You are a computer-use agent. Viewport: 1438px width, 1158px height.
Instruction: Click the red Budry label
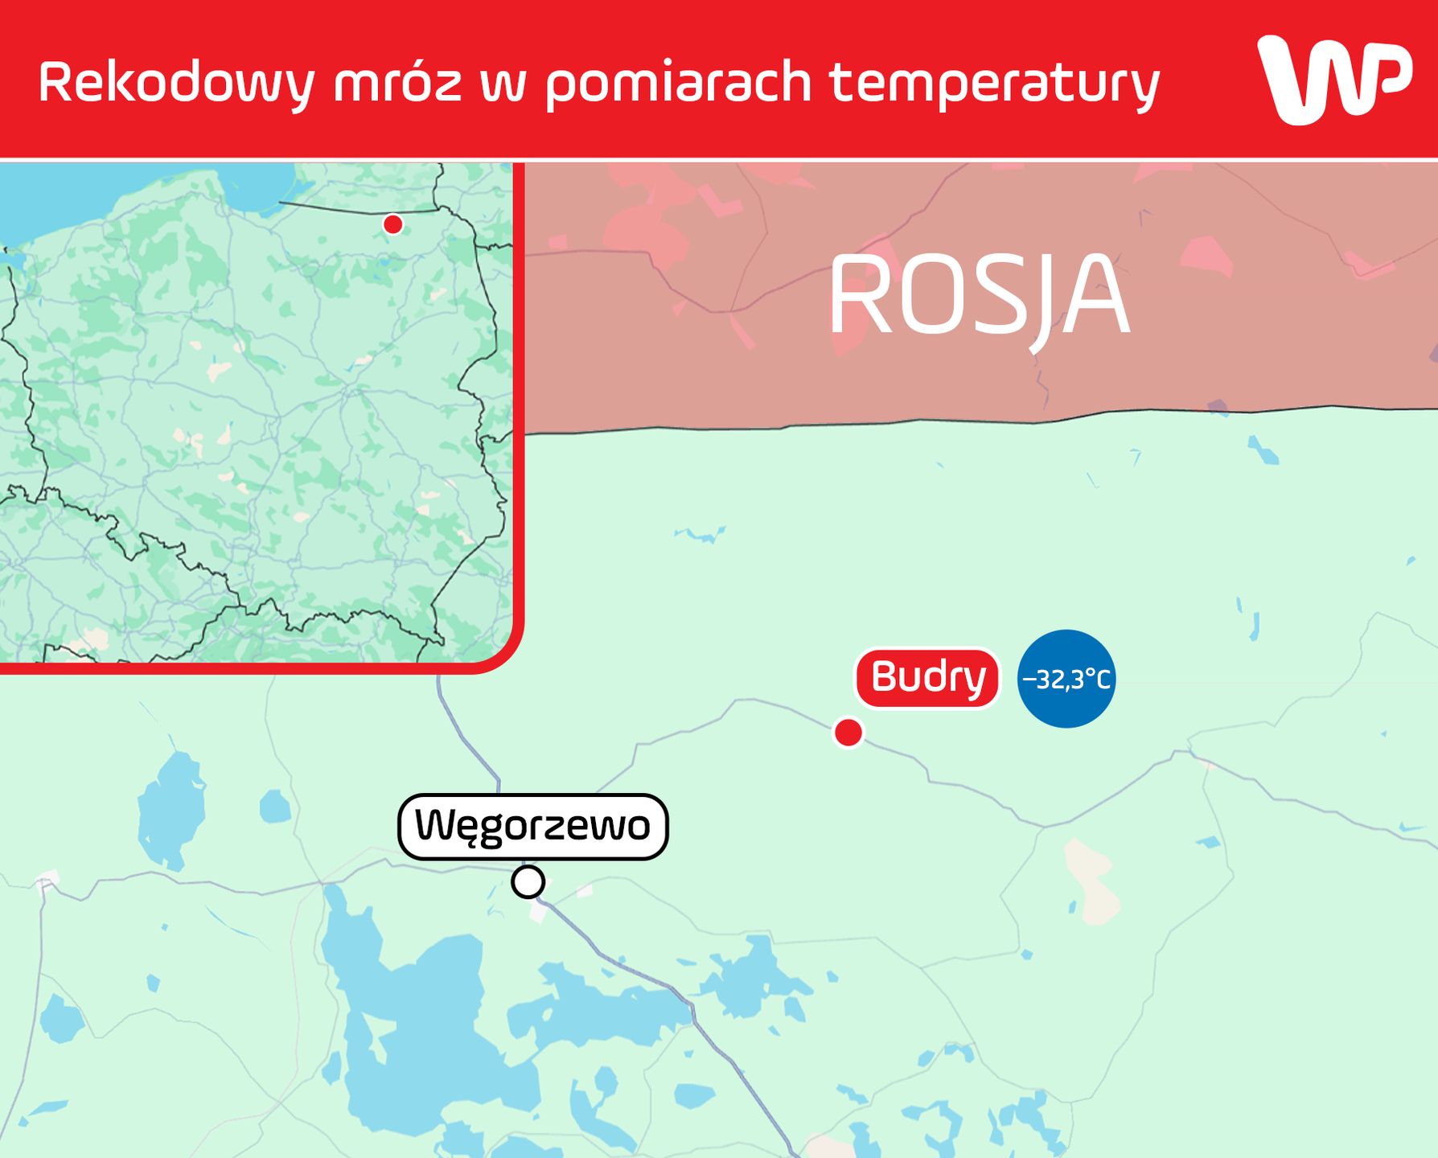pos(927,678)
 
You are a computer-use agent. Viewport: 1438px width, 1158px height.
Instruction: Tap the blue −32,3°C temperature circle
pos(1066,679)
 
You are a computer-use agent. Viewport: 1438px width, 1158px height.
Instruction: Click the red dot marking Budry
pos(848,733)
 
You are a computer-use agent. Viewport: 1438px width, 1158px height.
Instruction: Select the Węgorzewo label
pos(532,827)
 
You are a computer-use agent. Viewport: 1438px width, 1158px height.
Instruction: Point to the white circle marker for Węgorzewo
pos(528,882)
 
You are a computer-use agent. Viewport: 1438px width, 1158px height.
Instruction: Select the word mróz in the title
pos(398,83)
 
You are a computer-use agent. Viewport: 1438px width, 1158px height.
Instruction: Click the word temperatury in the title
pos(995,83)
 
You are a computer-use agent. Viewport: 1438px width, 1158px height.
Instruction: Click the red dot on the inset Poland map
pos(392,224)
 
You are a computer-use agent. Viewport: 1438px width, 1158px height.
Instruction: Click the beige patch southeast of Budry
pos(1090,881)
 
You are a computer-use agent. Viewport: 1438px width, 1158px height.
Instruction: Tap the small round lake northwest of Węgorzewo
pos(275,807)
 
